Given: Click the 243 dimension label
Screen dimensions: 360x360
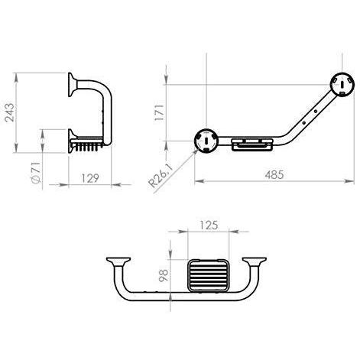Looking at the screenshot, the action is (10, 112).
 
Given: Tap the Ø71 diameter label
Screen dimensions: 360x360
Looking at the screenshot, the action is (35, 172).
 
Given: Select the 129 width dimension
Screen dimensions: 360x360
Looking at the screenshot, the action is (90, 178).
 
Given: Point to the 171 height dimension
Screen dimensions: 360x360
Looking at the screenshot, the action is (160, 112).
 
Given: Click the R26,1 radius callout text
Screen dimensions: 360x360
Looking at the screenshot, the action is (161, 176).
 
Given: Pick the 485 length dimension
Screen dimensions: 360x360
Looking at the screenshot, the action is (274, 175).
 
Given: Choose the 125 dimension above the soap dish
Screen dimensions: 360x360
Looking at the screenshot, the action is (209, 225).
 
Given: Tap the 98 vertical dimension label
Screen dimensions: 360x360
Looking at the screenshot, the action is (164, 275).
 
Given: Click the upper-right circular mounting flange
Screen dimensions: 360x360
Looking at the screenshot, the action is (342, 84).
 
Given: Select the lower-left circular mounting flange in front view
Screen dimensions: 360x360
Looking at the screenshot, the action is (206, 141).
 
